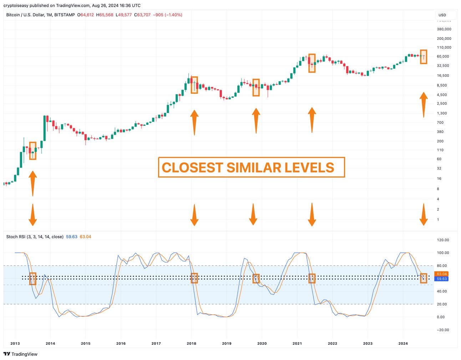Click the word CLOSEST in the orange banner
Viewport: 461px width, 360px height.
click(x=192, y=168)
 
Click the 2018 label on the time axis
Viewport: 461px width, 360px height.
click(x=191, y=344)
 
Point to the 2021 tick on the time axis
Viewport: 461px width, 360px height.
click(x=297, y=344)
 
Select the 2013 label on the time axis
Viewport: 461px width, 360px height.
click(x=15, y=344)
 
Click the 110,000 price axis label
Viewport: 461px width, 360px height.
click(x=444, y=47)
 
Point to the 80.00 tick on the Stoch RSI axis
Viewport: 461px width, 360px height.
click(x=443, y=266)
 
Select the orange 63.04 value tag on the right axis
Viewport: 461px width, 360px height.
click(x=441, y=274)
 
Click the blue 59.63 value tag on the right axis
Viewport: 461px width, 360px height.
click(x=441, y=279)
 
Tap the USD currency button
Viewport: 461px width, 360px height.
click(x=442, y=15)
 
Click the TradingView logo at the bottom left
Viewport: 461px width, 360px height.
click(x=20, y=354)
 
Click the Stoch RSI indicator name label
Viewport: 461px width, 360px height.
click(x=35, y=237)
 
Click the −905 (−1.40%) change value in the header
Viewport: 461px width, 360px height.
click(x=167, y=15)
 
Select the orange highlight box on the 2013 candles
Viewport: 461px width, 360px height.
click(x=32, y=151)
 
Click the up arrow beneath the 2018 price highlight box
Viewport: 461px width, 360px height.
click(x=194, y=122)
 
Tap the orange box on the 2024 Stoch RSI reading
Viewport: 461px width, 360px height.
click(x=424, y=278)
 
